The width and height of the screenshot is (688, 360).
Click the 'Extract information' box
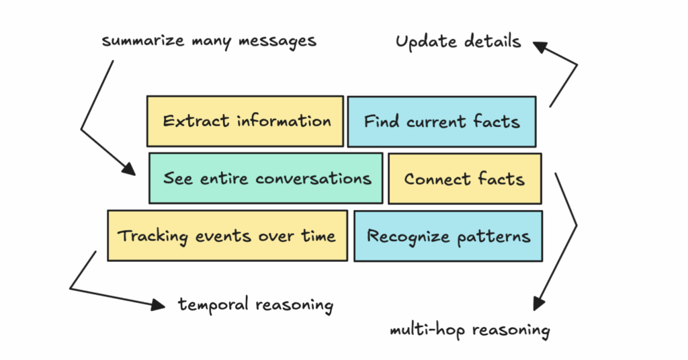coord(245,122)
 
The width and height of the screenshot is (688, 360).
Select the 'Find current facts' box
coord(442,122)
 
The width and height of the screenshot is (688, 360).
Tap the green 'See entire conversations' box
coord(266,178)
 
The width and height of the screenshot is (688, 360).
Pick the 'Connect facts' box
coord(465,179)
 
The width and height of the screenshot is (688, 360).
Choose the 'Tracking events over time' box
coord(227,236)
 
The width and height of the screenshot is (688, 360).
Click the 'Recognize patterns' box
coord(448,236)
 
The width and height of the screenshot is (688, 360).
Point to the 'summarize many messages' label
coord(209,41)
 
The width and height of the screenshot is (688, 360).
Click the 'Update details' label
coord(458,42)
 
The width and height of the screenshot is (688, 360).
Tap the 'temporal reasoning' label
coord(255,305)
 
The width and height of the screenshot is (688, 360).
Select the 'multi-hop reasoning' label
coord(470,330)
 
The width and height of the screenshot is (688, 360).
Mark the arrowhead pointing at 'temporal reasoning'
coord(159,305)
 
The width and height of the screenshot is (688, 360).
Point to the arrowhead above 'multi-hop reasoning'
coord(539,304)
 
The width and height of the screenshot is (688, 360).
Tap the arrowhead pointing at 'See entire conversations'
coord(129,169)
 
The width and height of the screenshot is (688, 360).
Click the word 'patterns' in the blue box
coord(494,237)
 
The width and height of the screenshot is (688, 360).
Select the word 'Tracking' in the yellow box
coord(153,236)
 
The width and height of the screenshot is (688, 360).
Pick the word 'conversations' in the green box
coord(313,179)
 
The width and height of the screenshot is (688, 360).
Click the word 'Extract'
coord(196,121)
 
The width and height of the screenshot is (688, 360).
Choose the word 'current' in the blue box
coord(435,122)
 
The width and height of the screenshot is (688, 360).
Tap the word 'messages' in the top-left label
coord(277,42)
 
